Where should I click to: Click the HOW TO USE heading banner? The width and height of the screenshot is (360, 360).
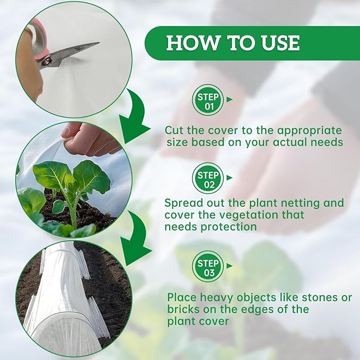(233, 43)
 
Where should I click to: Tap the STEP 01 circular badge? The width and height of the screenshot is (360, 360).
(207, 100)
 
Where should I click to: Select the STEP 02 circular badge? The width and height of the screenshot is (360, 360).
(207, 178)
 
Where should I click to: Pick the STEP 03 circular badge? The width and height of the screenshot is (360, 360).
(207, 267)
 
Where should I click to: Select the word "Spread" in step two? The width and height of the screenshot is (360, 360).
(181, 204)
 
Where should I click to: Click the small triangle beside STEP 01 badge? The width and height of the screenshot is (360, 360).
(230, 99)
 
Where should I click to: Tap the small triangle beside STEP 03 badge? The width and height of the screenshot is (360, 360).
(230, 266)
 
